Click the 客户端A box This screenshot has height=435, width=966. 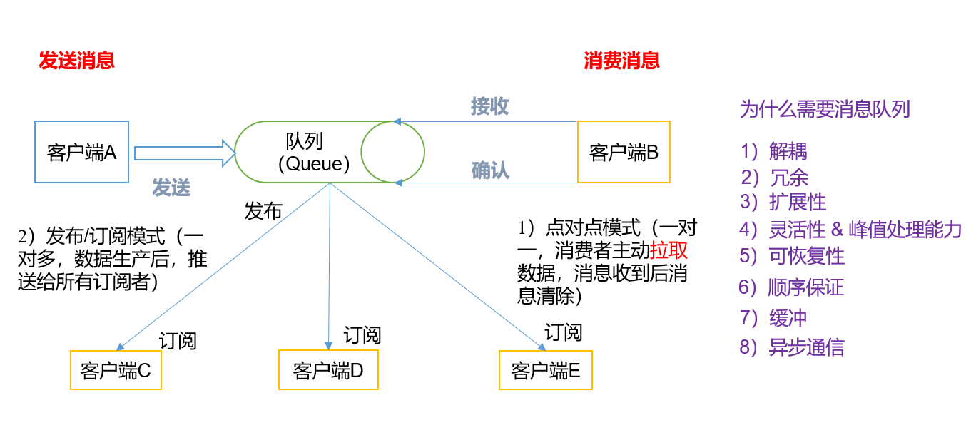[x=81, y=152]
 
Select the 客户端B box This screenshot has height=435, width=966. [x=624, y=152]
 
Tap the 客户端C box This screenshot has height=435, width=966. [x=116, y=370]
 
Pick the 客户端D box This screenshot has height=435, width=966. [x=328, y=370]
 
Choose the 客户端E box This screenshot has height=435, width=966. [x=546, y=370]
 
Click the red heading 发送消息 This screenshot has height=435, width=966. [x=76, y=61]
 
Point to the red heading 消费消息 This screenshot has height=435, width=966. [x=621, y=61]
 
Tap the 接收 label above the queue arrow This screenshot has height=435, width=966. [x=489, y=106]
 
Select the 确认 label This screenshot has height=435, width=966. [x=490, y=170]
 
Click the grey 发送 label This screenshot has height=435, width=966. [x=171, y=188]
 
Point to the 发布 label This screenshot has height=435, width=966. [x=263, y=210]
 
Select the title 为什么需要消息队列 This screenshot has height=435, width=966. [x=825, y=109]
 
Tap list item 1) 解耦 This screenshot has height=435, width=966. [x=774, y=151]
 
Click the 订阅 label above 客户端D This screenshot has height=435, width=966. [x=362, y=334]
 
